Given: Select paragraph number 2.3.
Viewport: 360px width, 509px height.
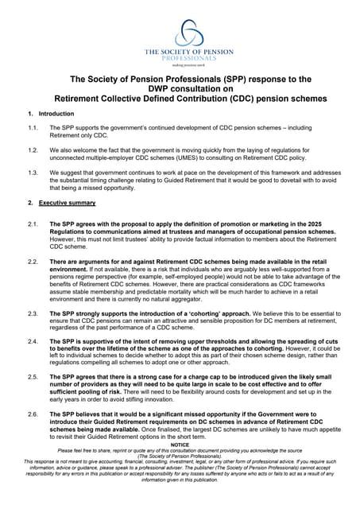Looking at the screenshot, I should [x=32, y=313].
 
